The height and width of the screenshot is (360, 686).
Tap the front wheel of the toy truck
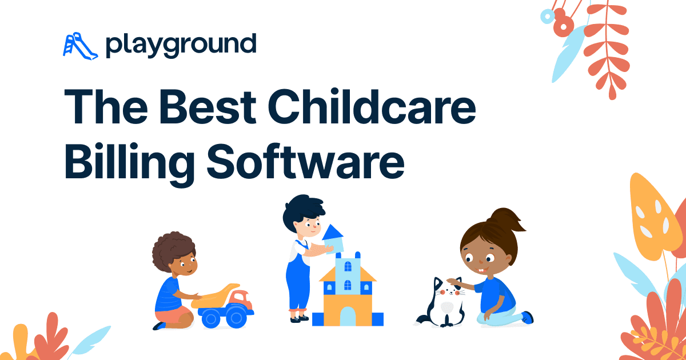(235, 317)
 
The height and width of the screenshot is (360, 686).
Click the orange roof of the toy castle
(348, 275)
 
